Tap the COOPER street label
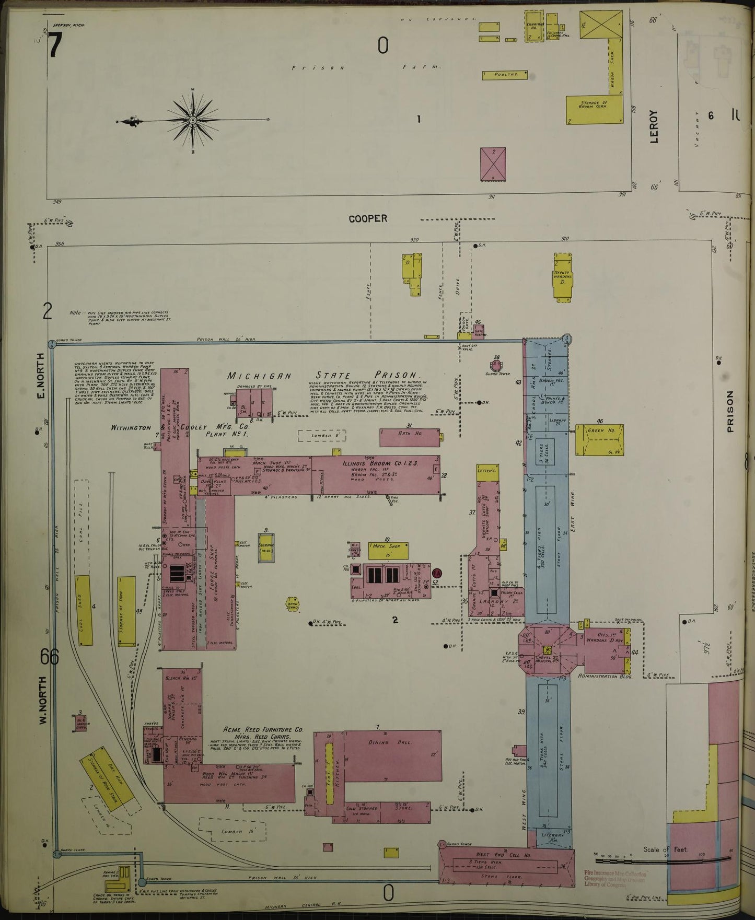click(x=368, y=219)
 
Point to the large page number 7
click(x=55, y=47)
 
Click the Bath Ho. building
click(x=409, y=438)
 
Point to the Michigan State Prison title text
click(x=324, y=375)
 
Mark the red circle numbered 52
click(x=437, y=573)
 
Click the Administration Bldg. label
click(x=606, y=676)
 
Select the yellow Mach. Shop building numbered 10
click(x=388, y=550)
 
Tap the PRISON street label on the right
click(x=730, y=411)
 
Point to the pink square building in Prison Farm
click(x=493, y=164)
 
